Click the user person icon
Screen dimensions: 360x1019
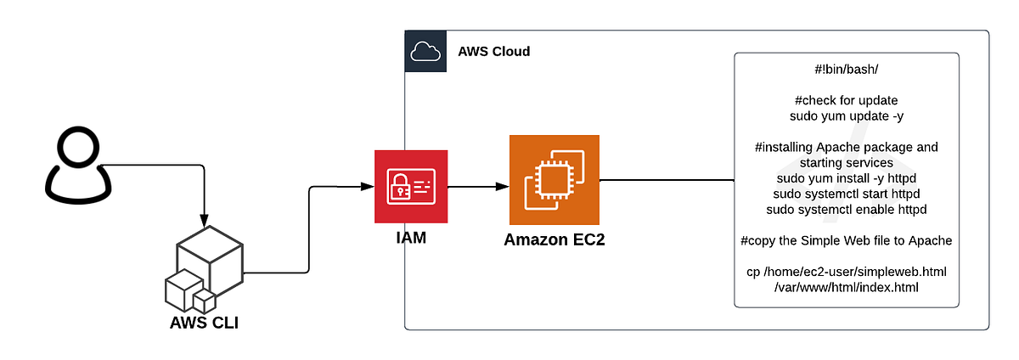point(78,166)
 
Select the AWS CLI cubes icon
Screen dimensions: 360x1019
point(204,270)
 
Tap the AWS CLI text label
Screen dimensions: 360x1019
point(204,323)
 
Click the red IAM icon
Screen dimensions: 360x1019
point(411,187)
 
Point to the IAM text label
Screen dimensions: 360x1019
point(411,239)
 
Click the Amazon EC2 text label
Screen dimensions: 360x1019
point(555,240)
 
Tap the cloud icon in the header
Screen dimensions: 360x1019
point(425,52)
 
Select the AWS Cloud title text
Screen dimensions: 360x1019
point(493,52)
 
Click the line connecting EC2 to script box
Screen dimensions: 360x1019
point(667,180)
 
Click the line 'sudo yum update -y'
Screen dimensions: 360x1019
point(846,115)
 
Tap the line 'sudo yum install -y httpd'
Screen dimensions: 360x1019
point(846,177)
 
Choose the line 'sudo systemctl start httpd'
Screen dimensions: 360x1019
point(846,193)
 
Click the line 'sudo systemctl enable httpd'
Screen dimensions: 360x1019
point(846,209)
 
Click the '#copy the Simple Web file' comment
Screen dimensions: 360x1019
point(846,240)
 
